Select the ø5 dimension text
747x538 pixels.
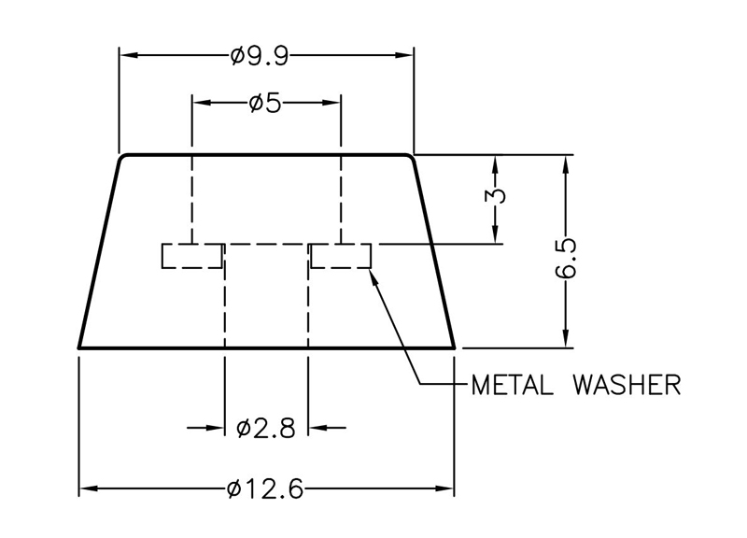265,102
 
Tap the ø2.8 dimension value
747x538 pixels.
266,429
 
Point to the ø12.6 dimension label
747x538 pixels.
265,488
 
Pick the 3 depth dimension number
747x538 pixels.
497,197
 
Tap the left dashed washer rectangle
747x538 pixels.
192,256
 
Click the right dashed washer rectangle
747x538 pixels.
342,256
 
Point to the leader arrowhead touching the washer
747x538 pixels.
375,274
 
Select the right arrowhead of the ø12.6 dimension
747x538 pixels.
445,488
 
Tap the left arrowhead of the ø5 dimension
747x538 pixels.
200,102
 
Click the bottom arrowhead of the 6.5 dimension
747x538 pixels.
565,339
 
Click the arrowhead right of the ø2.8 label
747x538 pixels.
317,429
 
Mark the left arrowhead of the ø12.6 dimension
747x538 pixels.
87,488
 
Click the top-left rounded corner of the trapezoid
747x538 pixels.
122,158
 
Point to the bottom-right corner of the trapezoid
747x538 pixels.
454,347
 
